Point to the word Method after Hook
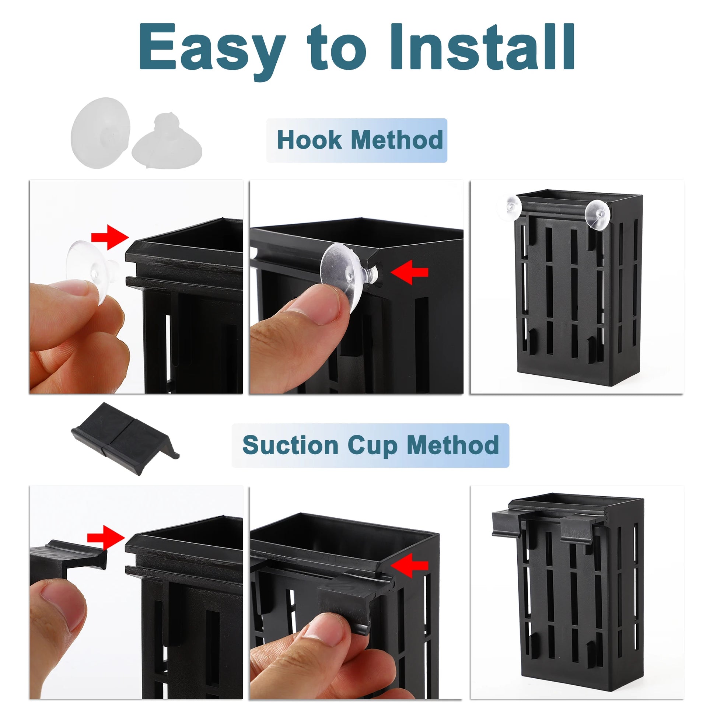[397, 140]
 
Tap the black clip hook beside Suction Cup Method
[124, 438]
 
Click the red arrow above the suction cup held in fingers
[110, 237]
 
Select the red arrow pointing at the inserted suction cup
[409, 272]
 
